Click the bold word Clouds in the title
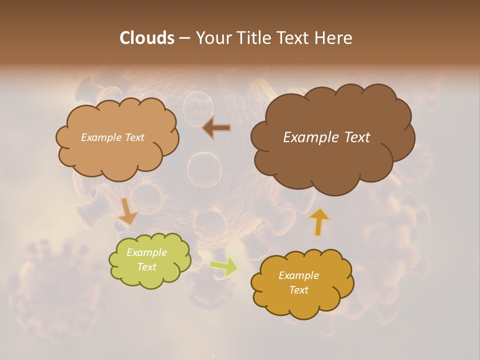pyautogui.click(x=146, y=38)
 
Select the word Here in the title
pyautogui.click(x=334, y=38)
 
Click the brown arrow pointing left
pyautogui.click(x=217, y=128)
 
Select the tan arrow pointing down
pyautogui.click(x=127, y=211)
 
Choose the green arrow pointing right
pyautogui.click(x=223, y=267)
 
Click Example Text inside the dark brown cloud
pyautogui.click(x=326, y=137)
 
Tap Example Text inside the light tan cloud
pyautogui.click(x=112, y=137)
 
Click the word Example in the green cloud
pyautogui.click(x=146, y=252)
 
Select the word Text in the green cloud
pyautogui.click(x=146, y=267)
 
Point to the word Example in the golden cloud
pyautogui.click(x=298, y=275)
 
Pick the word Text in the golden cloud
pyautogui.click(x=298, y=290)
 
